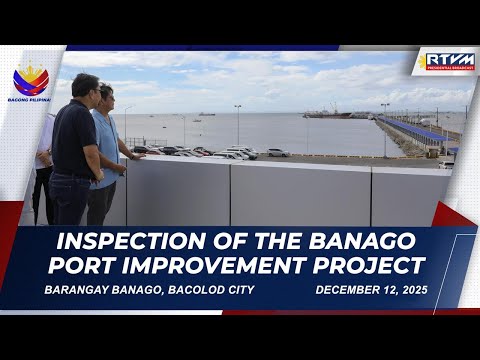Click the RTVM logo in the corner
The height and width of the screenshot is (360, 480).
449,61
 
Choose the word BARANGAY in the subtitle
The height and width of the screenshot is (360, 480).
82,290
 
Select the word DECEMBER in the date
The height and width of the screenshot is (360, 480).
350,290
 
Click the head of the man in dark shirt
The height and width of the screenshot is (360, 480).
87,86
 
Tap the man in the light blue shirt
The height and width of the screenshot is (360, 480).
106,150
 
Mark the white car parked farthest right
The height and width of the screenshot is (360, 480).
277,152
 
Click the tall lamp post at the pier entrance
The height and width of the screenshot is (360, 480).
384,128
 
